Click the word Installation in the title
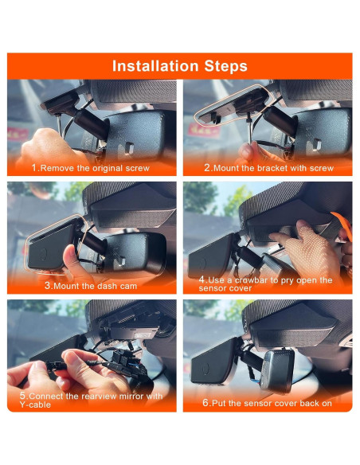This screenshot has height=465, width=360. coord(153,66)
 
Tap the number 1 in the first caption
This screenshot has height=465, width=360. coord(34,169)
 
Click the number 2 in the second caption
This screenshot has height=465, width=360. coord(206,169)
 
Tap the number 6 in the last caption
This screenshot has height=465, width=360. coord(205,403)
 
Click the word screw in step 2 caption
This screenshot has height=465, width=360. coord(317,169)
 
